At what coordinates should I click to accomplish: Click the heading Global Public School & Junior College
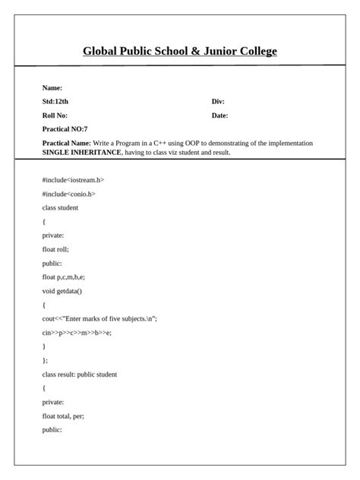click(x=180, y=52)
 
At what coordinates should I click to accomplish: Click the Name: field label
click(x=52, y=88)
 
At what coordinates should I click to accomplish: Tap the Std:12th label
click(x=55, y=102)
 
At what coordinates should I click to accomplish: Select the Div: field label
click(x=218, y=102)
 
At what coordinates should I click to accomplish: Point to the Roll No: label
click(x=55, y=115)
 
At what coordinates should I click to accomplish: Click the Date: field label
click(x=219, y=115)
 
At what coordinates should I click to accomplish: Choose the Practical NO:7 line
click(x=65, y=129)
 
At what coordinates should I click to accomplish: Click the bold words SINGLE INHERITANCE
click(x=82, y=152)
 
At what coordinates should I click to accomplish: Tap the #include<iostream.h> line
click(x=73, y=180)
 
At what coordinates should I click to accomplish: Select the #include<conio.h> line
click(x=69, y=194)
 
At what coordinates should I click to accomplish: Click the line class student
click(x=60, y=207)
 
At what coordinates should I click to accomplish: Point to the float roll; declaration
click(x=55, y=249)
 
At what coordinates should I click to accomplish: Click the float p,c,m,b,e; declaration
click(x=63, y=277)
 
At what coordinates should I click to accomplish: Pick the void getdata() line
click(x=62, y=291)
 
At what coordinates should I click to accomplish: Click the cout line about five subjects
click(x=99, y=319)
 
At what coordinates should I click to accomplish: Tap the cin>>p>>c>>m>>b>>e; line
click(x=77, y=333)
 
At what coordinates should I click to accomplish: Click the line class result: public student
click(x=80, y=374)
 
